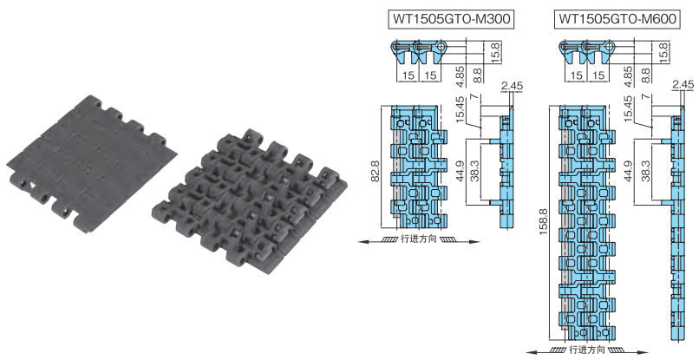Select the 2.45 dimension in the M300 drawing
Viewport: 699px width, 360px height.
[513, 85]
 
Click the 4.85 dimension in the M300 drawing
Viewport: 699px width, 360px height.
[458, 71]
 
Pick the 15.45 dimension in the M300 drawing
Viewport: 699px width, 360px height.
[458, 111]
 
